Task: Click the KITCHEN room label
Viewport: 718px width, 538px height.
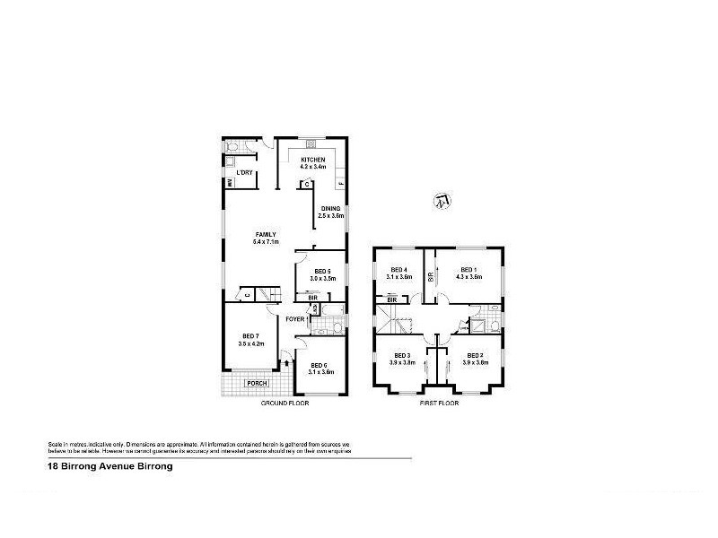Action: click(x=312, y=160)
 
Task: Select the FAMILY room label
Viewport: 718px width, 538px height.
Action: click(x=266, y=234)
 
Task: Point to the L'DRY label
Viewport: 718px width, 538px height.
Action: click(x=243, y=171)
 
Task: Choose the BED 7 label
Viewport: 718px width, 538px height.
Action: click(x=249, y=335)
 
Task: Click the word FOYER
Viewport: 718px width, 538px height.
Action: click(x=295, y=319)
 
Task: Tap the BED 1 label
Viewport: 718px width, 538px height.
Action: click(x=468, y=269)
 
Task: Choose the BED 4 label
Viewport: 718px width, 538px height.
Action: click(x=399, y=269)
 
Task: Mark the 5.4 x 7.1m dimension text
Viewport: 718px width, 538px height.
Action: click(x=267, y=242)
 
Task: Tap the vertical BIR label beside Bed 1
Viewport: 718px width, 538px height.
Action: click(x=431, y=278)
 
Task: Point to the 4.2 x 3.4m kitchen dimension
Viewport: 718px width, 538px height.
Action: click(x=312, y=168)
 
